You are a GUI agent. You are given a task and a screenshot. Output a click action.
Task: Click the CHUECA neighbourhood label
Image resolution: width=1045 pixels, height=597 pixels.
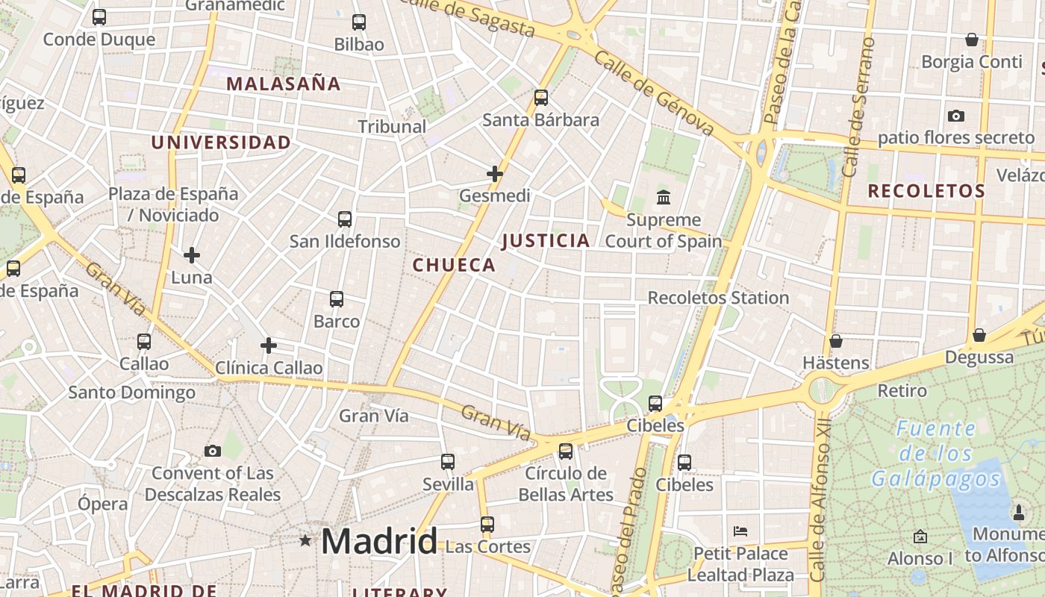[x=454, y=265]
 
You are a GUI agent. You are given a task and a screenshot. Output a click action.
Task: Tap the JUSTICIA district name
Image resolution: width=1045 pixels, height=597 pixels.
[x=546, y=240]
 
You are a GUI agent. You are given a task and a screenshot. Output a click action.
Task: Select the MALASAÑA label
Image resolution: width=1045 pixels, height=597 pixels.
[x=284, y=84]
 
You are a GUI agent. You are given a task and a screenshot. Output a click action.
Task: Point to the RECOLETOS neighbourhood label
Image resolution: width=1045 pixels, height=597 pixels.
[x=926, y=191]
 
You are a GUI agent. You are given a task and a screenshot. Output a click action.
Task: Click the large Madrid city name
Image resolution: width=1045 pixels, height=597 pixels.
[x=378, y=541]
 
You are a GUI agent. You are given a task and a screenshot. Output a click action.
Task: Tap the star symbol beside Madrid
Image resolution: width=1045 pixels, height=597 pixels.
[x=305, y=540]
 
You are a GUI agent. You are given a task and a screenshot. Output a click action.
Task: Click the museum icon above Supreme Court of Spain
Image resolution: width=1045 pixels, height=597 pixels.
[x=663, y=198]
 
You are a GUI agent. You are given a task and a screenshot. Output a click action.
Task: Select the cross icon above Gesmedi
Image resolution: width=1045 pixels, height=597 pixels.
[x=494, y=174]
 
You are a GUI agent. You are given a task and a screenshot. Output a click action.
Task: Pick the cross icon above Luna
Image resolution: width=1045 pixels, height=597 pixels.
[x=192, y=255]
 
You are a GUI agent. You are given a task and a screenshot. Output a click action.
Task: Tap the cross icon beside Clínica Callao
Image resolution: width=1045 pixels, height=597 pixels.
[x=269, y=346]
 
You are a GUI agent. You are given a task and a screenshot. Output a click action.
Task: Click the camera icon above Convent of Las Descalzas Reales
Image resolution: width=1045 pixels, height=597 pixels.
[x=213, y=451]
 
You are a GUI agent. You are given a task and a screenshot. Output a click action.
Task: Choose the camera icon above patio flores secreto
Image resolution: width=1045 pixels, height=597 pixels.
[x=955, y=116]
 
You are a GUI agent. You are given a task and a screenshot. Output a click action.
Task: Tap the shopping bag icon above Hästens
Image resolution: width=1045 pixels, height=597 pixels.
[x=836, y=341]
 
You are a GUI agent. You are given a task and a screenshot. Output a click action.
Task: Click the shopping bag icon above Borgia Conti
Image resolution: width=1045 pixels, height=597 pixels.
[x=972, y=40]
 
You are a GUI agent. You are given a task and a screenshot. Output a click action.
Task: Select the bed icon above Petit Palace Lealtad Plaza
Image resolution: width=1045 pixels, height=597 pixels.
[x=740, y=531]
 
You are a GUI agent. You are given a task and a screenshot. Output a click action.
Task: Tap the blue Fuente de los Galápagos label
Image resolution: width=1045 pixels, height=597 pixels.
[x=935, y=453]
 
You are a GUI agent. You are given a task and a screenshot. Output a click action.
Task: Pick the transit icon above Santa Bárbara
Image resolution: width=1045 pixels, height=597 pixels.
[x=541, y=98]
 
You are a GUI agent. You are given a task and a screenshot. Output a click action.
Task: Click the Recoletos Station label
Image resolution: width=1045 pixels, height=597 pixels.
[x=718, y=298]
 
